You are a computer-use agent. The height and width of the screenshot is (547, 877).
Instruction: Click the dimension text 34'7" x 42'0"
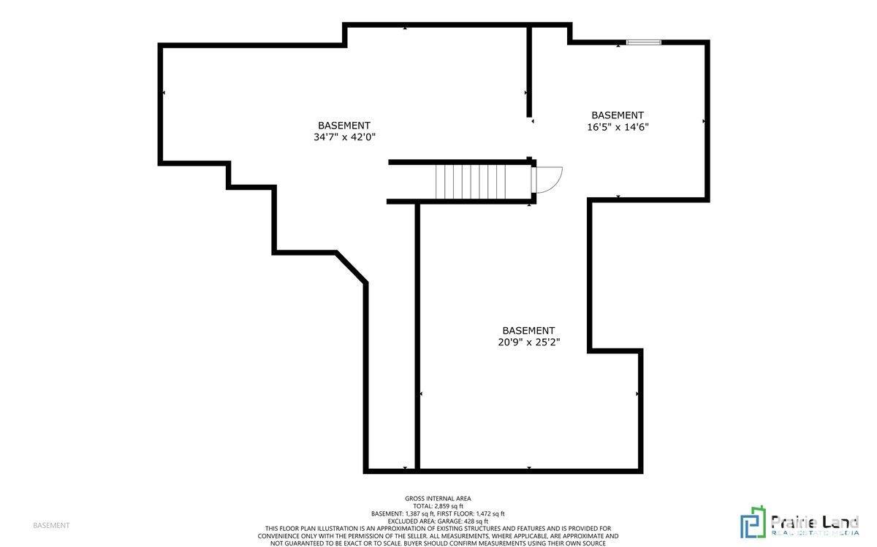(x=343, y=137)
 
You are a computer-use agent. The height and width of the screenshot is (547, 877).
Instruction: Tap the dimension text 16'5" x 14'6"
(x=618, y=126)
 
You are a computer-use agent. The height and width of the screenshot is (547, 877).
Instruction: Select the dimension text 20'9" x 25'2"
(x=528, y=342)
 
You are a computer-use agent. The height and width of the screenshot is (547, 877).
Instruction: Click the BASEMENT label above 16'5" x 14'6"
(x=618, y=115)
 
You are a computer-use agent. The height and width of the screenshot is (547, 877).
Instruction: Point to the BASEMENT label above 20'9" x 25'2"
(x=528, y=330)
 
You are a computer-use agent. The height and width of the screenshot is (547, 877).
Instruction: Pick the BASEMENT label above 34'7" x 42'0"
(x=343, y=125)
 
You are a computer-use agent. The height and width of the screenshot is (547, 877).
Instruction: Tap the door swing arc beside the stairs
(x=548, y=180)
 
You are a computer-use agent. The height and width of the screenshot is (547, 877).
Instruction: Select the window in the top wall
(x=643, y=42)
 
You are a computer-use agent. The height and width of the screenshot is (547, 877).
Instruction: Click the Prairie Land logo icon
(x=753, y=521)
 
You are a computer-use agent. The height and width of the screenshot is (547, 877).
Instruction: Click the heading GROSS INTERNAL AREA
(x=438, y=498)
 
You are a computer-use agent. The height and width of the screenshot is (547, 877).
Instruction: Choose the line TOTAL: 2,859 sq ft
(x=438, y=506)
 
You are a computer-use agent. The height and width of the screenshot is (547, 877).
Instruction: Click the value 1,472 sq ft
(x=490, y=513)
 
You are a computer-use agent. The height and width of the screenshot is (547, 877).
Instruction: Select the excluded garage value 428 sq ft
(x=476, y=521)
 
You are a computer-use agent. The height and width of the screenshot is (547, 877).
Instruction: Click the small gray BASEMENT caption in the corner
(x=51, y=525)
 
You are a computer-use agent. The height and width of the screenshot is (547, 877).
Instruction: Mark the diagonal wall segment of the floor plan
(x=352, y=268)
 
